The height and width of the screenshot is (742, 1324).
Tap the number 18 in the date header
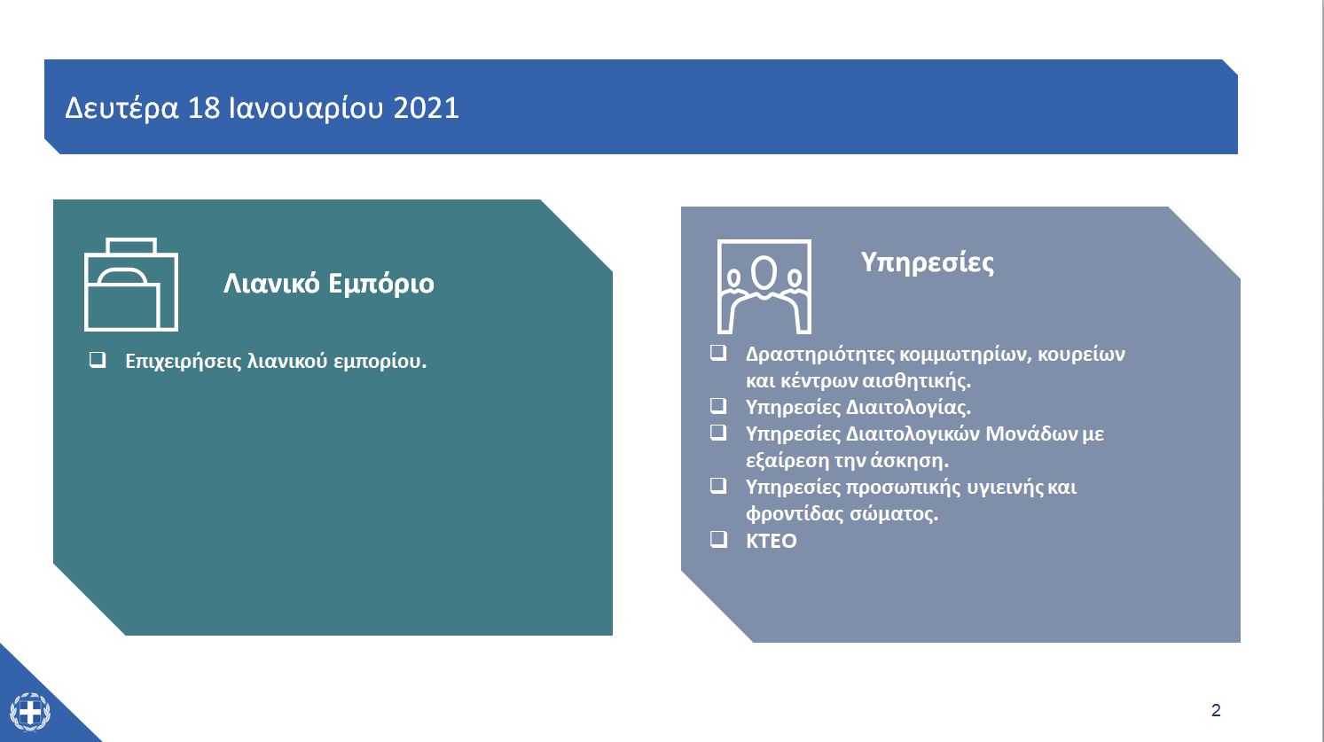click(x=204, y=108)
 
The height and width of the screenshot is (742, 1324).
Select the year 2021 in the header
click(x=426, y=108)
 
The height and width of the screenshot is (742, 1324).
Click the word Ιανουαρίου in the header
click(x=306, y=108)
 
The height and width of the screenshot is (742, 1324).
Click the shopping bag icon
click(x=131, y=285)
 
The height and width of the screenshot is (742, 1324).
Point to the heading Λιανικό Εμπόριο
click(x=328, y=284)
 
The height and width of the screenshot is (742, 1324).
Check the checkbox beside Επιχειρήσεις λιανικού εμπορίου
click(x=98, y=360)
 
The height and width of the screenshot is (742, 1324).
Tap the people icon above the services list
click(x=764, y=285)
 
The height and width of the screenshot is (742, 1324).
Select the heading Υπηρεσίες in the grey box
click(x=927, y=262)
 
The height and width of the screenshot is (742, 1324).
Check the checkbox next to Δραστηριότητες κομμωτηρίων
click(x=718, y=353)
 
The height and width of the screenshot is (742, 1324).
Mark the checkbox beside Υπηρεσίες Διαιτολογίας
click(x=718, y=406)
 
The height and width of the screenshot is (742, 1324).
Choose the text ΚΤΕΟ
click(x=771, y=541)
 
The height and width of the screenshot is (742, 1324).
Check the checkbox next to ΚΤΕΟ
click(x=718, y=539)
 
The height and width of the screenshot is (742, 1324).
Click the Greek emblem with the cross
click(x=30, y=711)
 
